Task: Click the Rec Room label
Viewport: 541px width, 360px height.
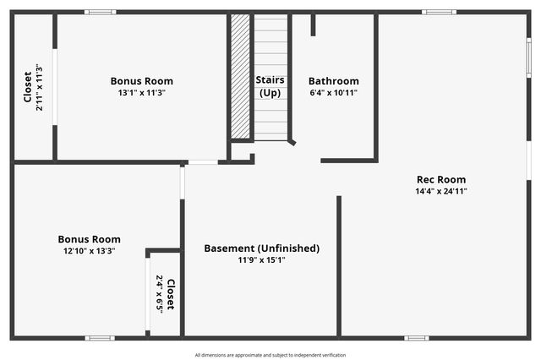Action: pyautogui.click(x=440, y=179)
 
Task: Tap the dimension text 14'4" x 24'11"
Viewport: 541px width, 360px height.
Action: pyautogui.click(x=440, y=191)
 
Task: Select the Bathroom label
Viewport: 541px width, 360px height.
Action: pyautogui.click(x=333, y=81)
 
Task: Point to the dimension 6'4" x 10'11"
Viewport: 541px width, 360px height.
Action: pyautogui.click(x=333, y=93)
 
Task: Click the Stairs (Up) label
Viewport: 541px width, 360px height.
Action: pyautogui.click(x=270, y=85)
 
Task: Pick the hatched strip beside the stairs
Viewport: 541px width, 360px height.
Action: pyautogui.click(x=241, y=76)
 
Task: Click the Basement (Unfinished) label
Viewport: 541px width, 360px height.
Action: pyautogui.click(x=262, y=248)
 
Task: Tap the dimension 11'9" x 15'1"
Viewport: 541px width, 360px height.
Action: pyautogui.click(x=262, y=260)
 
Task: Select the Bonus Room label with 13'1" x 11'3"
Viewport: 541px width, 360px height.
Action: pyautogui.click(x=142, y=81)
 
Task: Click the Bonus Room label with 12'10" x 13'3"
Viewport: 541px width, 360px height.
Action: pyautogui.click(x=89, y=239)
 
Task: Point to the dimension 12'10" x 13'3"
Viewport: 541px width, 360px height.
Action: pyautogui.click(x=89, y=251)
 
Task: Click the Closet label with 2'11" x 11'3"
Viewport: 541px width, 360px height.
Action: pyautogui.click(x=27, y=86)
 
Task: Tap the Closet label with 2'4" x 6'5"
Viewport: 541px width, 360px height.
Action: pyautogui.click(x=170, y=294)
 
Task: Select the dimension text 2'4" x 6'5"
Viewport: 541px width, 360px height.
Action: pyautogui.click(x=159, y=294)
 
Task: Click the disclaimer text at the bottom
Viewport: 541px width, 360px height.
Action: pyautogui.click(x=270, y=355)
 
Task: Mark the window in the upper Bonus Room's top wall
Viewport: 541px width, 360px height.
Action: pyautogui.click(x=101, y=12)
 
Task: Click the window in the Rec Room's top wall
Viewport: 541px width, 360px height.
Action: pyautogui.click(x=439, y=12)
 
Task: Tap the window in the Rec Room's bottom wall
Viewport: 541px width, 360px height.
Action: pyautogui.click(x=416, y=338)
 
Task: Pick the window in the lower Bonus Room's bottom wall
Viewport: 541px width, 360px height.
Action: pyautogui.click(x=100, y=338)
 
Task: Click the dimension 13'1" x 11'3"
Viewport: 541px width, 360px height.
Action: pyautogui.click(x=142, y=93)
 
